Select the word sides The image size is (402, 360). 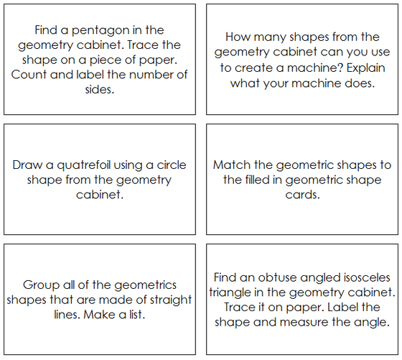[x=98, y=90]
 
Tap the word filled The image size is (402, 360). [x=261, y=180]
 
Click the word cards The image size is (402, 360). [x=301, y=195]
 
